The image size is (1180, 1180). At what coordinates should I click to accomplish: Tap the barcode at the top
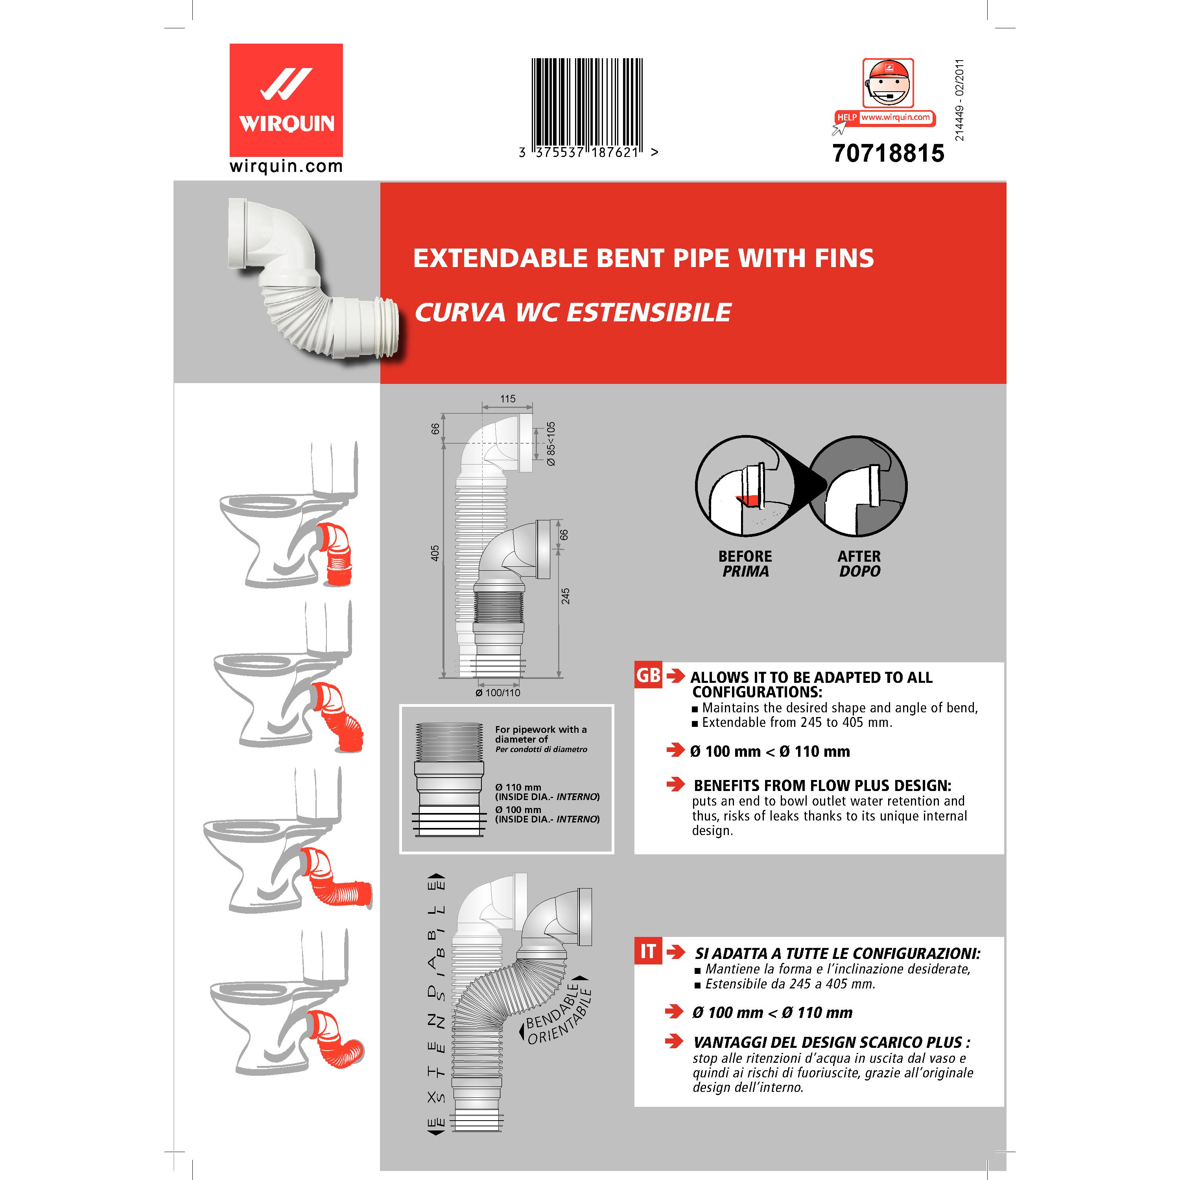coord(587,104)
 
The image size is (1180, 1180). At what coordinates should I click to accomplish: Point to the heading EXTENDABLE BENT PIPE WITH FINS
coord(643,258)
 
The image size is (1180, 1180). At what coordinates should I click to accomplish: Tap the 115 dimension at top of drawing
coord(507,399)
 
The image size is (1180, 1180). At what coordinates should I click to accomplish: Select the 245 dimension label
coord(566,596)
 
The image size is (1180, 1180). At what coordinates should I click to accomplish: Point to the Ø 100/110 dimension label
coord(498,693)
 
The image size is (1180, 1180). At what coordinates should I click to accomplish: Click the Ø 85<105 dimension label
coord(551,444)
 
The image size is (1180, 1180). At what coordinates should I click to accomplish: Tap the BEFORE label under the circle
coord(745,557)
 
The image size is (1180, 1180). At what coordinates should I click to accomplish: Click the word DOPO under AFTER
coord(859,572)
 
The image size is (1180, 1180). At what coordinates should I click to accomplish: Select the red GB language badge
coord(648,675)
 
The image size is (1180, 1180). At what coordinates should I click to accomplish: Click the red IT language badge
coord(648,951)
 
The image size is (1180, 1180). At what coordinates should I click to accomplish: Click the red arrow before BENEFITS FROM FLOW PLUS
coord(675,784)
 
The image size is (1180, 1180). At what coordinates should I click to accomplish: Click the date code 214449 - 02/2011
coord(959,100)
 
